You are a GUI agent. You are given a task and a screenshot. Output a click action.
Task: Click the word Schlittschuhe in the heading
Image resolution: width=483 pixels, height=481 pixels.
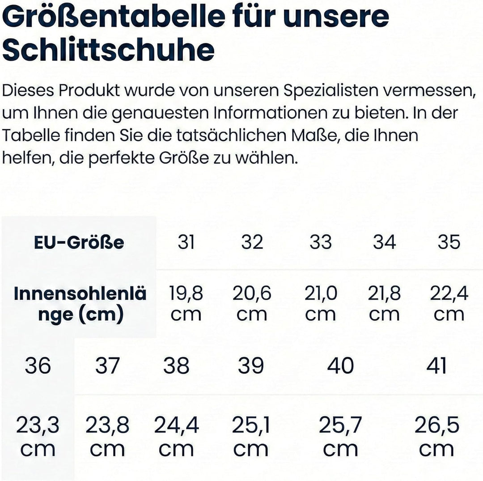coord(108,50)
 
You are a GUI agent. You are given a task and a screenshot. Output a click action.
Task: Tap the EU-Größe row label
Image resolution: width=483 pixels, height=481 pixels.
coord(79,243)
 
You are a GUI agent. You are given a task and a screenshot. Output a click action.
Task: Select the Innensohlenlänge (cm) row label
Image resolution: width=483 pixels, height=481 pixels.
coord(80,304)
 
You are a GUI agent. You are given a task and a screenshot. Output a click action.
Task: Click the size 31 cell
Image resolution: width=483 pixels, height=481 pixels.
coord(186,243)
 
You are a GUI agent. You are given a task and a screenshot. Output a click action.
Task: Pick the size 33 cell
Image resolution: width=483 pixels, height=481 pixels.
coord(321,243)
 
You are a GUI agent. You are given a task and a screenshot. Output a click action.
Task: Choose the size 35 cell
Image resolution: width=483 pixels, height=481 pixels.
coord(449,243)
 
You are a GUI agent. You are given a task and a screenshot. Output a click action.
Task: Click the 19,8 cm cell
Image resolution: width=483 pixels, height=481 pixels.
coord(186,304)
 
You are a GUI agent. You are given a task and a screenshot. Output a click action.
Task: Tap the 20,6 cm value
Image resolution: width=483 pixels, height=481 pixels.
coord(252,304)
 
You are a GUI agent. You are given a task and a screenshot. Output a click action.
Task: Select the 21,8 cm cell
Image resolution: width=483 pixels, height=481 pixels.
coord(384,304)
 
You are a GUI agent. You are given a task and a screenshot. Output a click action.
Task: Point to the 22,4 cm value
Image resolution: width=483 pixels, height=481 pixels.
coord(449,304)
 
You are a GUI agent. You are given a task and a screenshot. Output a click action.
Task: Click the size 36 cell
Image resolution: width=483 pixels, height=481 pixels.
coord(38,366)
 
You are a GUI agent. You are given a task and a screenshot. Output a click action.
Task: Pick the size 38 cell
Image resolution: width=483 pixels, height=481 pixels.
coord(176,366)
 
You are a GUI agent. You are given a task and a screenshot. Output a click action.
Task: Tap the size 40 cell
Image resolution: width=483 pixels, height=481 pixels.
coord(340,366)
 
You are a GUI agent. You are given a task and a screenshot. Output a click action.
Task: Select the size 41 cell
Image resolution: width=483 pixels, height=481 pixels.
coord(436,366)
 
